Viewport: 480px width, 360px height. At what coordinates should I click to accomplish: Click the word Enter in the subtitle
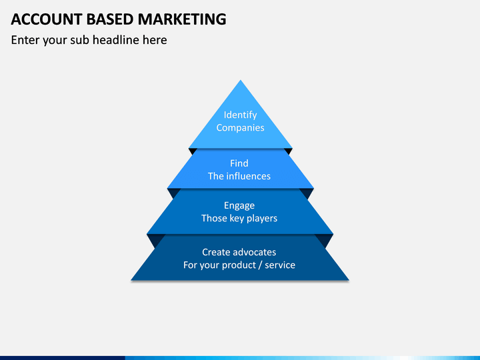(25, 40)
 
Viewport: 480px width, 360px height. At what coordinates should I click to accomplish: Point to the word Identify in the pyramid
(240, 115)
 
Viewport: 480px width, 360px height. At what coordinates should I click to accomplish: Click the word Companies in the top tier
(240, 127)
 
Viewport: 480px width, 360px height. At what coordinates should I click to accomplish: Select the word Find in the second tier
(239, 163)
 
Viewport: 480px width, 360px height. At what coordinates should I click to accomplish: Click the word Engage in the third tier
(239, 205)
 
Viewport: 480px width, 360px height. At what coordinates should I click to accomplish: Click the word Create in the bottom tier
(216, 252)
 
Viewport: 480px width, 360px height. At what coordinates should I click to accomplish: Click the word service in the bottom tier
(281, 265)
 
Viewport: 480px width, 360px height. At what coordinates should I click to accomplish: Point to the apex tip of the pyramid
(240, 81)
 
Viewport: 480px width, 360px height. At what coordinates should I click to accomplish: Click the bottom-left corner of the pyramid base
(132, 279)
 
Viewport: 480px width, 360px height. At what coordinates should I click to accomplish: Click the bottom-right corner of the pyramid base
(348, 279)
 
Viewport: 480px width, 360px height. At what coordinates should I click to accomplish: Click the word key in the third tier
(237, 218)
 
